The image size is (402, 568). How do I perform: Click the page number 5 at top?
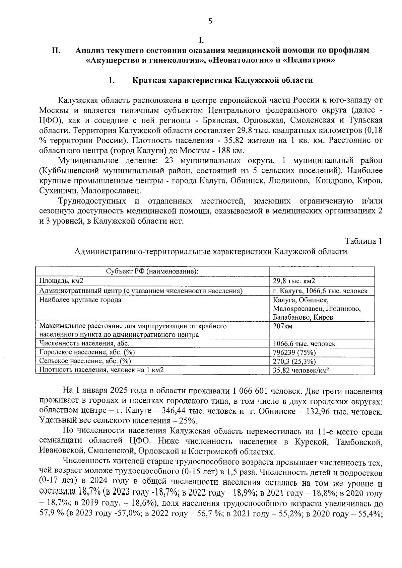[210, 21]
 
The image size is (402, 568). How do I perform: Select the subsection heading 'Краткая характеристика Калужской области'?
[222, 81]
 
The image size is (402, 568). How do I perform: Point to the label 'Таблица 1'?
[363, 241]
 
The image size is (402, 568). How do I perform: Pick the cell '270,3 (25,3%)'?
[294, 361]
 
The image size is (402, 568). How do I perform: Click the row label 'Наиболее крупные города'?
[80, 300]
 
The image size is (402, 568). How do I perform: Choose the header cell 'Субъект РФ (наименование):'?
[152, 271]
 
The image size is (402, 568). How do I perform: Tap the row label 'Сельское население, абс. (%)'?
[85, 361]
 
